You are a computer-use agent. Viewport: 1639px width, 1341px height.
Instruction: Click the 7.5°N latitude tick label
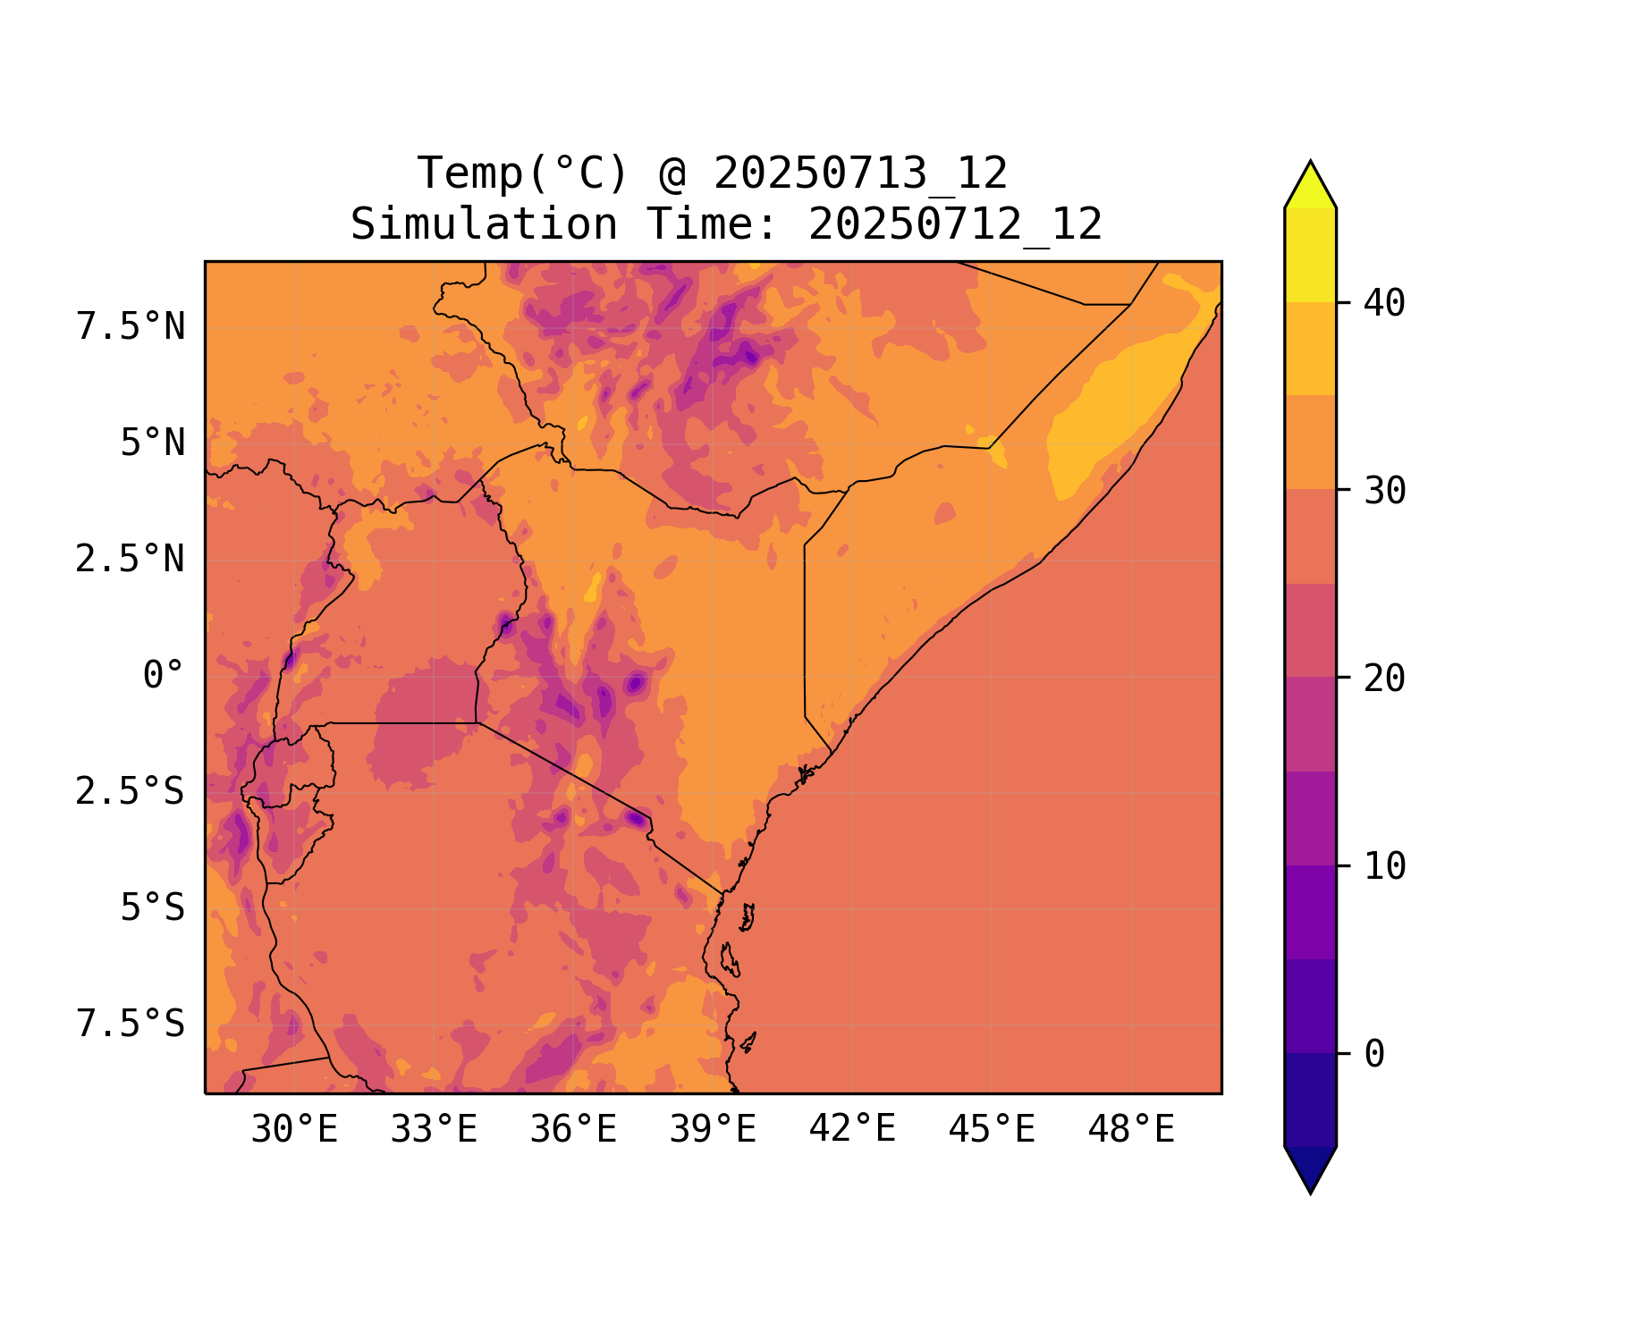(131, 326)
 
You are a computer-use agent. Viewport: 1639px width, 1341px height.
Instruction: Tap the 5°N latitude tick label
(152, 443)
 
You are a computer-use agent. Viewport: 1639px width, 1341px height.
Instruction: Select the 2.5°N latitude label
(131, 559)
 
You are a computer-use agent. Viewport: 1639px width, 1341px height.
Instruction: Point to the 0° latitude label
(163, 675)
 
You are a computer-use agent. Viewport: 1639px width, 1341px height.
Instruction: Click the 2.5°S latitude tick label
(131, 791)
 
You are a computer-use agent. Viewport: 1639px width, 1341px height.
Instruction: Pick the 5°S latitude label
(152, 907)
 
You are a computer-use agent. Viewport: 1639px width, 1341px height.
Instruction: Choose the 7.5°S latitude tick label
(131, 1024)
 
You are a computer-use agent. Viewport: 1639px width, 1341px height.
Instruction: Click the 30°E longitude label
(294, 1130)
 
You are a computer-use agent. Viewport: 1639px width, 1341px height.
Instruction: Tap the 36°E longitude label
(573, 1130)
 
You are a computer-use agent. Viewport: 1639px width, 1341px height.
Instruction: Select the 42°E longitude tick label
(852, 1130)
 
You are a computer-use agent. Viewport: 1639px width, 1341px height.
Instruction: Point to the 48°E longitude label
(1131, 1130)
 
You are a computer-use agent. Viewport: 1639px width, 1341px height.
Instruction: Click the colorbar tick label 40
(1384, 303)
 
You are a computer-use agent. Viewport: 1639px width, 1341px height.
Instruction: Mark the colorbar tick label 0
(1374, 1054)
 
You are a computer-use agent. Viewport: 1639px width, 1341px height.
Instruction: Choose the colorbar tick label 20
(1384, 679)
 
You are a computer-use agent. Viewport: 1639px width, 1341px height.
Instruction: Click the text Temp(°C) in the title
(522, 173)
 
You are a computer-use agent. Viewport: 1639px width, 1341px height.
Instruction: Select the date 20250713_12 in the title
(860, 173)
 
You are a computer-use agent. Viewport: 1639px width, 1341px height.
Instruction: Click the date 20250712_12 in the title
(955, 224)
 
